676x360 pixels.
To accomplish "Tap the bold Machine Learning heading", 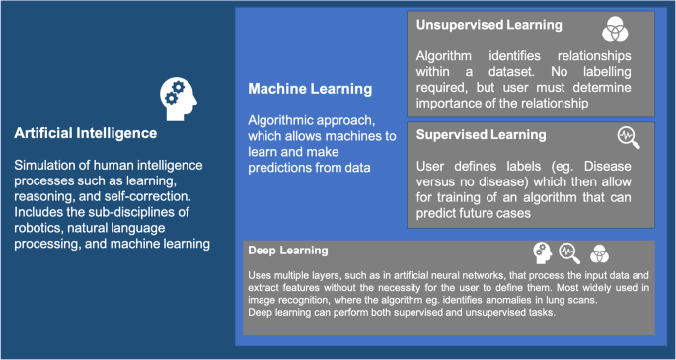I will tap(310, 89).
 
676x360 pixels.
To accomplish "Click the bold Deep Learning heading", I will tap(288, 251).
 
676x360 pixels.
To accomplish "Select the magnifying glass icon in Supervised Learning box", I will tap(628, 137).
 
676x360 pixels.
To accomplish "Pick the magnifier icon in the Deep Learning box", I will tap(568, 252).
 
